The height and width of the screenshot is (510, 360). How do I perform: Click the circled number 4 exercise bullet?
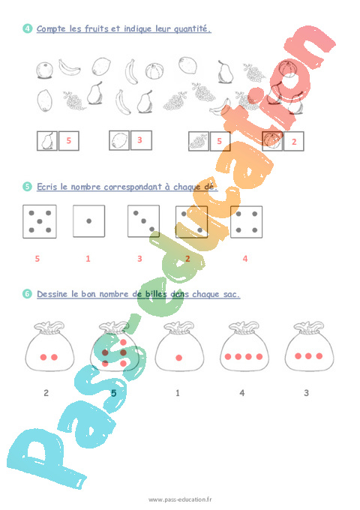click(x=28, y=29)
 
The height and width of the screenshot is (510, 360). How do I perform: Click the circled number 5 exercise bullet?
click(x=28, y=187)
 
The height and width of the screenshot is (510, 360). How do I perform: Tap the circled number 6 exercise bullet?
click(x=28, y=294)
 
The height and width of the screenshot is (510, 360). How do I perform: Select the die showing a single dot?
click(x=88, y=221)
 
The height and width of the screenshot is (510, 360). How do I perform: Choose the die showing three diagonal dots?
click(x=143, y=221)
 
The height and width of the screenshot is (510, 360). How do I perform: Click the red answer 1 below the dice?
click(x=88, y=259)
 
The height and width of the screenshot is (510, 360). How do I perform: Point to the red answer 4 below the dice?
click(x=244, y=259)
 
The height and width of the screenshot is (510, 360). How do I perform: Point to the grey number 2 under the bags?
click(x=46, y=392)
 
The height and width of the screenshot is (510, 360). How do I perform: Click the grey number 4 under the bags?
click(x=241, y=392)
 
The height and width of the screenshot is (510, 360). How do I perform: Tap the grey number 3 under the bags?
click(x=306, y=392)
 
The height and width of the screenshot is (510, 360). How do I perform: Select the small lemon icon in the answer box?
click(x=119, y=140)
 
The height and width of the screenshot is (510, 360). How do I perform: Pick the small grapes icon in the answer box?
click(x=198, y=141)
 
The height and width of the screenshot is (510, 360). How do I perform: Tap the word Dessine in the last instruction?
click(x=55, y=294)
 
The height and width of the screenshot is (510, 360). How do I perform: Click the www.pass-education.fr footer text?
click(x=180, y=499)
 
